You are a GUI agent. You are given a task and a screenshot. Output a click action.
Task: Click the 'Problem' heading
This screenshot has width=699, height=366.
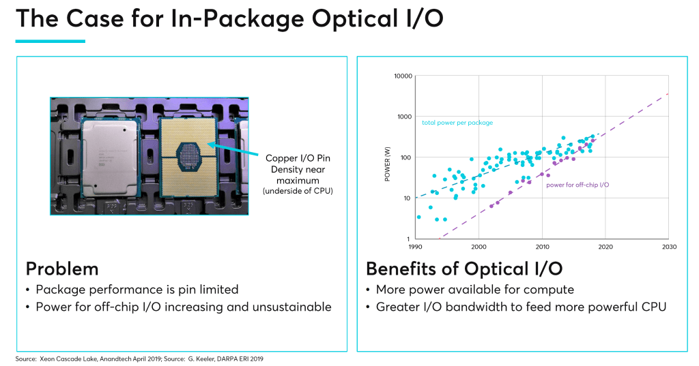coord(62,268)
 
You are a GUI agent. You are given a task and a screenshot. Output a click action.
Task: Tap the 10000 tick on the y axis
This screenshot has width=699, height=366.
coord(402,76)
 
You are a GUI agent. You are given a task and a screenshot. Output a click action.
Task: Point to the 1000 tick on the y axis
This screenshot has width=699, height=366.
coord(403,117)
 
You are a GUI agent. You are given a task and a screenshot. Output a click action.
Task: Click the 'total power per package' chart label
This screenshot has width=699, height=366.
coord(457,123)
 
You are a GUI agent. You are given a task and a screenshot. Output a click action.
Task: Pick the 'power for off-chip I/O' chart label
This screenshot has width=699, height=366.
coord(577,185)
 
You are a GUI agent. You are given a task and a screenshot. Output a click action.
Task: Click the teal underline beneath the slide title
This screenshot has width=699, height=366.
coord(50,42)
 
